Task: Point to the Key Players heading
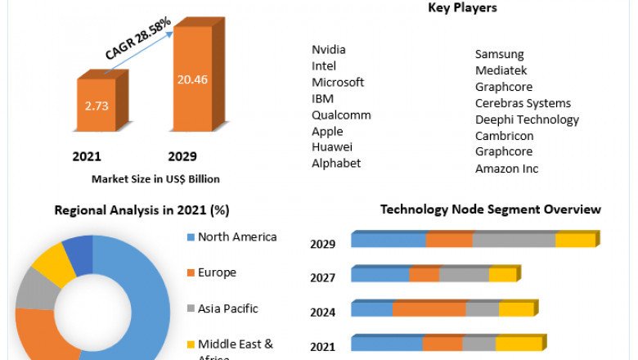(462, 8)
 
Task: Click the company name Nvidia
(330, 50)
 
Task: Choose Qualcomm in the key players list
(341, 115)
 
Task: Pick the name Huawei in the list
(332, 147)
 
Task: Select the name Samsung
(499, 54)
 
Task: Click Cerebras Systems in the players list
(523, 103)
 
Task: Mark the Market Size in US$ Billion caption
(155, 178)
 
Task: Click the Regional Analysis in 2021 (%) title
(142, 210)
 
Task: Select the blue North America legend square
(191, 237)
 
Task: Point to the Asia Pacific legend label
(227, 308)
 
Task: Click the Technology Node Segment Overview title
(490, 209)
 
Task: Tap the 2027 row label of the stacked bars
(323, 277)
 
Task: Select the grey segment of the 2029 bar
(514, 240)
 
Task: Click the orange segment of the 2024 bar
(429, 309)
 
